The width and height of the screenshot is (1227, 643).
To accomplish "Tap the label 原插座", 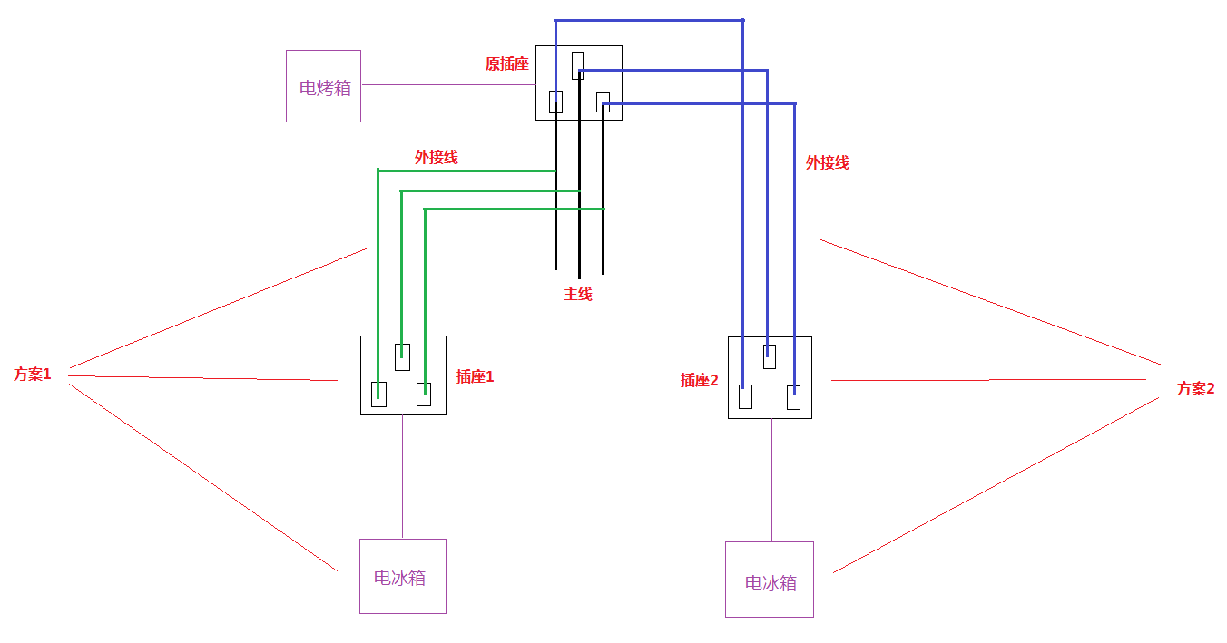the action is [506, 64].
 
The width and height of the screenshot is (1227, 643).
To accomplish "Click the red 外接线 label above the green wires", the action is [436, 158].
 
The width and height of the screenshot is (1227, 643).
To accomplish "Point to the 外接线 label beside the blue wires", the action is [827, 162].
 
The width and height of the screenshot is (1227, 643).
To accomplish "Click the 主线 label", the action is [578, 295].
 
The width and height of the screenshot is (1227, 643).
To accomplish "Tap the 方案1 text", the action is [33, 375].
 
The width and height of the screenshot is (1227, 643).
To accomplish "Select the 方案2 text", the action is [1196, 388].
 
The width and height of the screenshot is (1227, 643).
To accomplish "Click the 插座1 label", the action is [475, 376].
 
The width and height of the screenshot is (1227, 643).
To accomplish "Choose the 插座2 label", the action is [699, 380].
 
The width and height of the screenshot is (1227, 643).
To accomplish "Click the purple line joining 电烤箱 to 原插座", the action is [448, 85].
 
